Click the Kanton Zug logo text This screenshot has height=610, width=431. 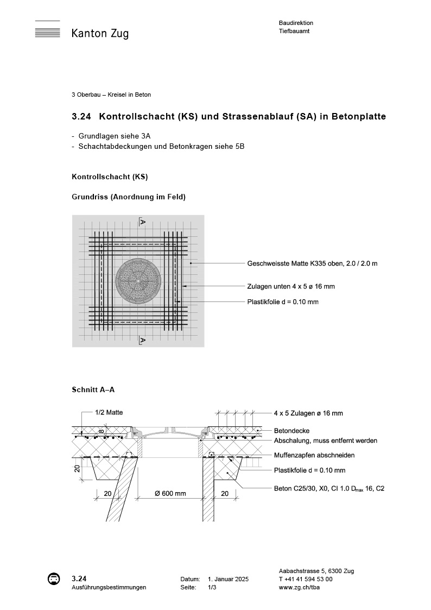coord(100,34)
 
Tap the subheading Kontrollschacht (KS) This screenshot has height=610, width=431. coord(110,177)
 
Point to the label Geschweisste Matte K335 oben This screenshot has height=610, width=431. coord(312,263)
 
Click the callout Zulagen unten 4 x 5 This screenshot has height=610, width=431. coord(294,286)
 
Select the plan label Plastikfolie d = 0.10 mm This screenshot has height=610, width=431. coord(283,302)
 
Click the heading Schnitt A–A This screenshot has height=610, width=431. coord(93,389)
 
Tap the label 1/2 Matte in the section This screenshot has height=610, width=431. coord(109,412)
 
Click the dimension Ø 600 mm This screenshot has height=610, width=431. coord(170,494)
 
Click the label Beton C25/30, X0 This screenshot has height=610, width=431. coord(329,488)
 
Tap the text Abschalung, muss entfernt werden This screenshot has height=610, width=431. coord(325,441)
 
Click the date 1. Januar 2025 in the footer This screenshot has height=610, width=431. coord(228,579)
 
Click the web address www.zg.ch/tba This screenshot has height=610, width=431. coord(300,588)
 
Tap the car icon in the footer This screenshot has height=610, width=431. coord(54,579)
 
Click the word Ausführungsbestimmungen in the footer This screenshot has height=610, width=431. coord(109,588)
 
